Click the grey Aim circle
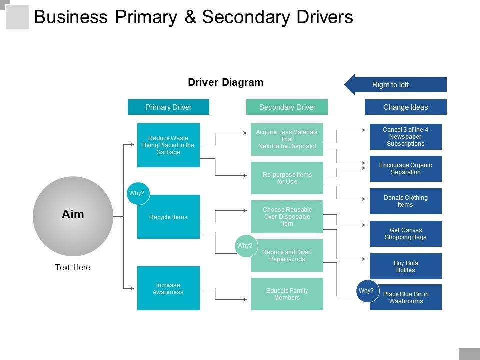tap(73, 216)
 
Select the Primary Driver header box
tap(168, 107)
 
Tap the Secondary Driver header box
tap(287, 107)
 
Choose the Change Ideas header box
tap(405, 107)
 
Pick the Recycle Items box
tap(168, 217)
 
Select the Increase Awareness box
tap(168, 288)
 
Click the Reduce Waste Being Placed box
tap(168, 145)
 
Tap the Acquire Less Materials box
tap(287, 139)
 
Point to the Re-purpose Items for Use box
tap(287, 178)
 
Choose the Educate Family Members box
tap(287, 294)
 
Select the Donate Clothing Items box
tap(405, 201)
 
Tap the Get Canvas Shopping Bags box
tap(405, 234)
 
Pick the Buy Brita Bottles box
tap(405, 266)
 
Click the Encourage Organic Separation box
tap(405, 169)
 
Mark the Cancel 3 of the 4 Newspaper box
tap(405, 137)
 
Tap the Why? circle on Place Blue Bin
tap(366, 291)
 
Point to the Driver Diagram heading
tap(226, 83)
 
